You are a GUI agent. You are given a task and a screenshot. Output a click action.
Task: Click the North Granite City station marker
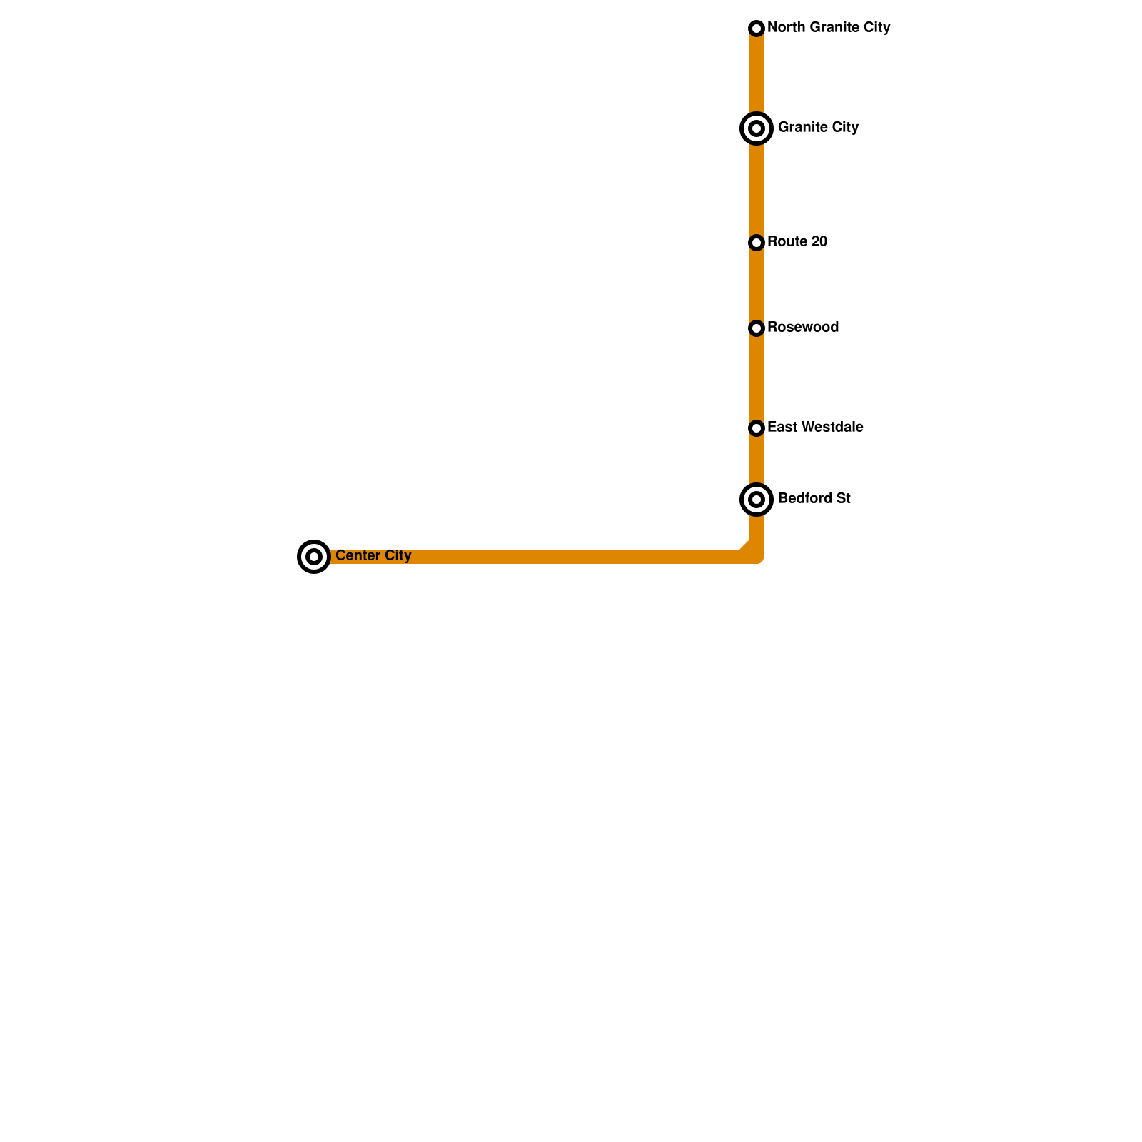tap(757, 29)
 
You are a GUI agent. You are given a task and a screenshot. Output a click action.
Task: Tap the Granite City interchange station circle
tap(757, 128)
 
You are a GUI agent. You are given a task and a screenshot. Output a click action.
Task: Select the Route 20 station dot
tap(757, 243)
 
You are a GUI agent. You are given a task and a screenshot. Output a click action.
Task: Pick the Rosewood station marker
tap(757, 328)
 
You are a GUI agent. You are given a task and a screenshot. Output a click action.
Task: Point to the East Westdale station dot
tap(757, 428)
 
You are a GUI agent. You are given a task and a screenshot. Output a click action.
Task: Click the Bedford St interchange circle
tap(757, 500)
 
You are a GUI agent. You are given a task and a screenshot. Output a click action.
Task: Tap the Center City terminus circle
tap(314, 557)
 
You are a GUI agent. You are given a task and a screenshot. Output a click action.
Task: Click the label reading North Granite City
tap(829, 28)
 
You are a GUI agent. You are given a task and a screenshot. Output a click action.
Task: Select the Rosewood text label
tap(803, 328)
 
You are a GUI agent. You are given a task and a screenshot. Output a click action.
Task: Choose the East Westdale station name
tap(815, 428)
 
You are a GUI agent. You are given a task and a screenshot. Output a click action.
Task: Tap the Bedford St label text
tap(814, 499)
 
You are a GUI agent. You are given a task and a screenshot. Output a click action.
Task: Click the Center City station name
tap(373, 556)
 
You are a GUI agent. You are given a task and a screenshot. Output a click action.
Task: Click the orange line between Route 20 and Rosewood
tap(757, 285)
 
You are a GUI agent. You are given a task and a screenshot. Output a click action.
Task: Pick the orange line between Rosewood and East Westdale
tap(757, 378)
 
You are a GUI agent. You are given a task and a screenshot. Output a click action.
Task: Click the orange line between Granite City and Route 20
tap(757, 186)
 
